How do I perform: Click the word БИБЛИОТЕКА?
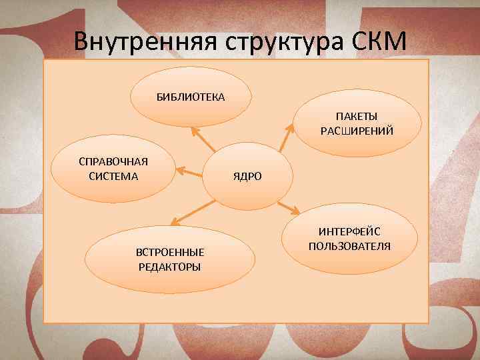[x=191, y=97]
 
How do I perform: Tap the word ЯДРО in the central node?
[x=247, y=177]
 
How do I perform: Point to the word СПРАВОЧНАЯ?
[x=113, y=163]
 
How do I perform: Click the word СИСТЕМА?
[x=113, y=176]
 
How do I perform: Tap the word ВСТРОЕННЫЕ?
[x=170, y=252]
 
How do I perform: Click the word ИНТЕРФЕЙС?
[x=350, y=232]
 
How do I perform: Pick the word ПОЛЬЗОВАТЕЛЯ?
[x=350, y=246]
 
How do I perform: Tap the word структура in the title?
[x=287, y=41]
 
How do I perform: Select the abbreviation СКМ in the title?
[x=377, y=41]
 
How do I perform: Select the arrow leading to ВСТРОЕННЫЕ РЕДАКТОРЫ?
[x=194, y=212]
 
